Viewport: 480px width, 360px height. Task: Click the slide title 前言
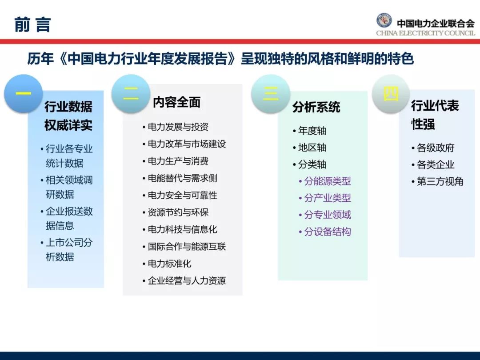point(32,25)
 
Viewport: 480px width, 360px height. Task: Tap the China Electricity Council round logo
point(384,20)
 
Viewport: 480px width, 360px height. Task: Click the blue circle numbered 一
point(23,94)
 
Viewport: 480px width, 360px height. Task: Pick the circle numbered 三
point(270,94)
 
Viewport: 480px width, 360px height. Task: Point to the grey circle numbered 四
point(391,94)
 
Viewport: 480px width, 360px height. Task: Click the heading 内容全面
point(176,102)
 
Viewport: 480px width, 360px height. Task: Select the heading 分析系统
point(316,107)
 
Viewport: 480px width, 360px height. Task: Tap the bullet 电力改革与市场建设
point(187,144)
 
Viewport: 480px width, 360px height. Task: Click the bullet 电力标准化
point(169,264)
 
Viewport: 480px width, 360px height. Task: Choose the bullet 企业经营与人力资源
point(187,281)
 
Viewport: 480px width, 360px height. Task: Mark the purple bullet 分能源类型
point(327,181)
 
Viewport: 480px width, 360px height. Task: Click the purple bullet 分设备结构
point(327,232)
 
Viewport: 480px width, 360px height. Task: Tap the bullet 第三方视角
point(440,181)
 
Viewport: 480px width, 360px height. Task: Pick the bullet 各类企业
point(435,164)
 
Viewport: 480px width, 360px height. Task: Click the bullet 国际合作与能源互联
point(187,247)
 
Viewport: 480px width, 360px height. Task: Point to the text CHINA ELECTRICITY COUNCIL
point(425,33)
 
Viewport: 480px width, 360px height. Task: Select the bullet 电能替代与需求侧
point(182,178)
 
